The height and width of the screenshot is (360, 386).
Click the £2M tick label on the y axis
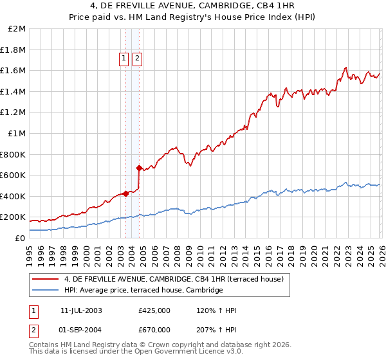17,29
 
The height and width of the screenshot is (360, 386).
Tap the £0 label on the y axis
20,238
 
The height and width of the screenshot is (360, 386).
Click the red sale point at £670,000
139,168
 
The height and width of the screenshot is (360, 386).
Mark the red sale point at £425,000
125,194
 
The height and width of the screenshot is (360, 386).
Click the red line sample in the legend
46,279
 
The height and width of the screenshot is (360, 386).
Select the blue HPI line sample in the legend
46,291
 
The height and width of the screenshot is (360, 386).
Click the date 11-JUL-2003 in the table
81,310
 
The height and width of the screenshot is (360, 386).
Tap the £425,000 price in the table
154,310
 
